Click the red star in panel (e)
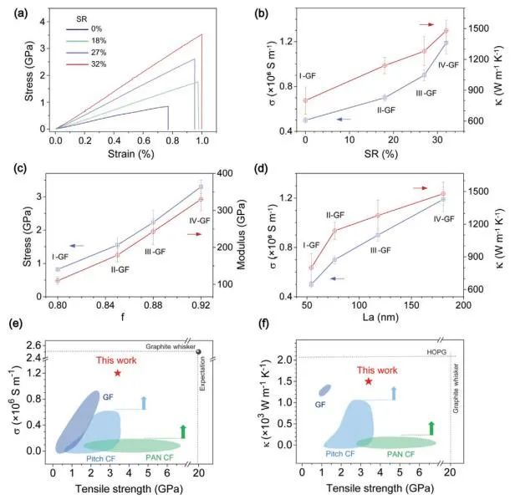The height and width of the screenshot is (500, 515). (x=117, y=373)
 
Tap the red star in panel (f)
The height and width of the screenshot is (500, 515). (x=368, y=381)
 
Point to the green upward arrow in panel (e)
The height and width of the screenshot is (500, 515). (x=182, y=431)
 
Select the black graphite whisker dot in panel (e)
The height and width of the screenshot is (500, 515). (x=198, y=351)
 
